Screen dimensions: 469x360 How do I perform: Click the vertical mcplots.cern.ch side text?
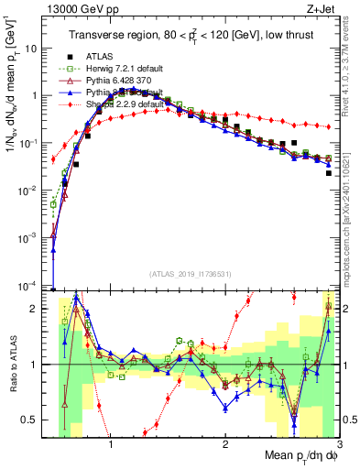pyautogui.click(x=352, y=211)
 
